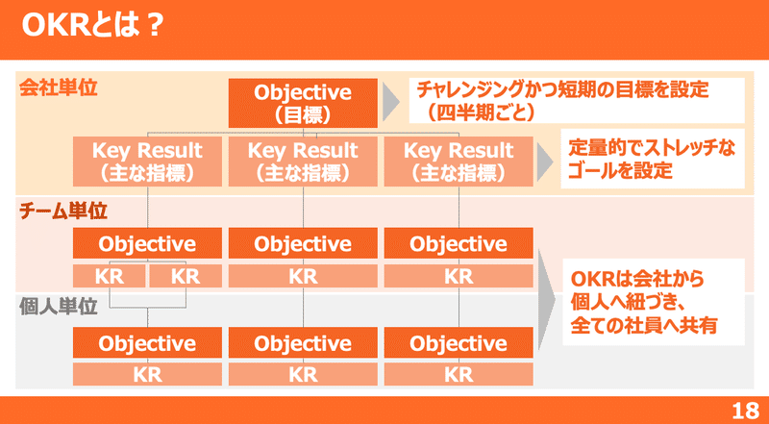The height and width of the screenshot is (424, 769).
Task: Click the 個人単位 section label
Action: pos(59,308)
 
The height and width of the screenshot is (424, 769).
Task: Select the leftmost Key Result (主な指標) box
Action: pos(147,162)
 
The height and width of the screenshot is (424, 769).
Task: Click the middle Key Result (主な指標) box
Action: pos(303,162)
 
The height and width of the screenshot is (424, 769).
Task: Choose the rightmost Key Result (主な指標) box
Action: pos(459,162)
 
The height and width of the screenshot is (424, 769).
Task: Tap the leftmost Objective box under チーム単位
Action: pos(147,243)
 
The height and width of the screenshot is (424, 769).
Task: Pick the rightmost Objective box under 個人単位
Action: pos(459,343)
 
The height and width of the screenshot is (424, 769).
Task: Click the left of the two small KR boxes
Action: pos(110,277)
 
